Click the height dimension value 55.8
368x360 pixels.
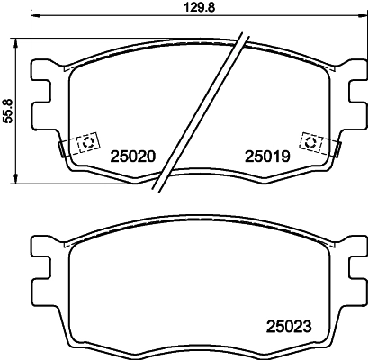pos(8,111)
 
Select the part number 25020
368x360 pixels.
pos(133,155)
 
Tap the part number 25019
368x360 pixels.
pos(265,155)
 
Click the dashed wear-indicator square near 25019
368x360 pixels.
pos(310,142)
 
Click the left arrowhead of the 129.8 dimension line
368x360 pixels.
pos(33,15)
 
